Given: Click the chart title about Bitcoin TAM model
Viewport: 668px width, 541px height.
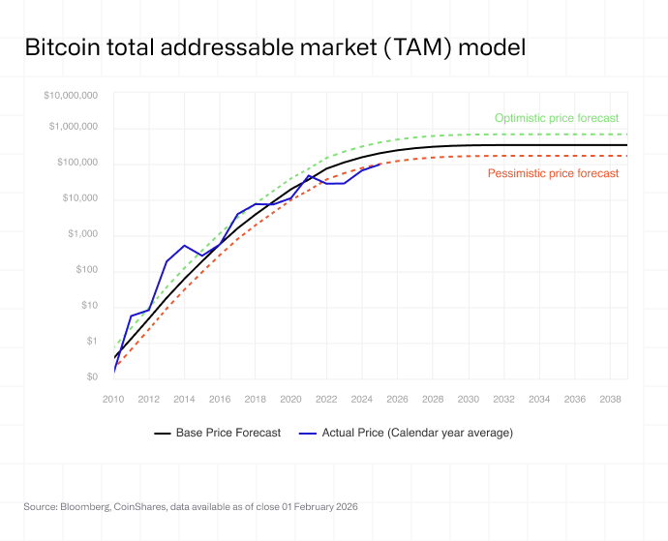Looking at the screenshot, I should pyautogui.click(x=274, y=46).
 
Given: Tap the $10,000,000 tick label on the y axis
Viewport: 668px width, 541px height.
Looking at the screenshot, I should pyautogui.click(x=71, y=96).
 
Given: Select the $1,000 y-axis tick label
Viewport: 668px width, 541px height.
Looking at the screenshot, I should pyautogui.click(x=82, y=234).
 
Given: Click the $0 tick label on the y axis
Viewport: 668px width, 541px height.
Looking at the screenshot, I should pyautogui.click(x=92, y=376).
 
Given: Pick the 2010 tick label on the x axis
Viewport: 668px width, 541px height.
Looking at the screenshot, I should pyautogui.click(x=114, y=399).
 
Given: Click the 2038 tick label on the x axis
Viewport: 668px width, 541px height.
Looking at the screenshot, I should pyautogui.click(x=610, y=399).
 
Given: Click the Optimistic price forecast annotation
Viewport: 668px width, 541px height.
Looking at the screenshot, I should pyautogui.click(x=556, y=118).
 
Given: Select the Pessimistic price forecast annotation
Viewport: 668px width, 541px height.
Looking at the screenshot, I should pyautogui.click(x=553, y=173).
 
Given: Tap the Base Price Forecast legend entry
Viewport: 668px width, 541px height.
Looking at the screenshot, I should pyautogui.click(x=228, y=433).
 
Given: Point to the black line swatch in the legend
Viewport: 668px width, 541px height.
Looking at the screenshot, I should pyautogui.click(x=163, y=434).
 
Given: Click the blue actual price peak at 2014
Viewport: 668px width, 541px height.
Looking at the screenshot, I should pyautogui.click(x=184, y=246).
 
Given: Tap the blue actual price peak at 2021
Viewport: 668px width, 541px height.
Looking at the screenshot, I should pyautogui.click(x=309, y=176).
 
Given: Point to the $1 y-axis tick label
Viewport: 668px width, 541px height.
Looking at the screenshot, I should pyautogui.click(x=92, y=341).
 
